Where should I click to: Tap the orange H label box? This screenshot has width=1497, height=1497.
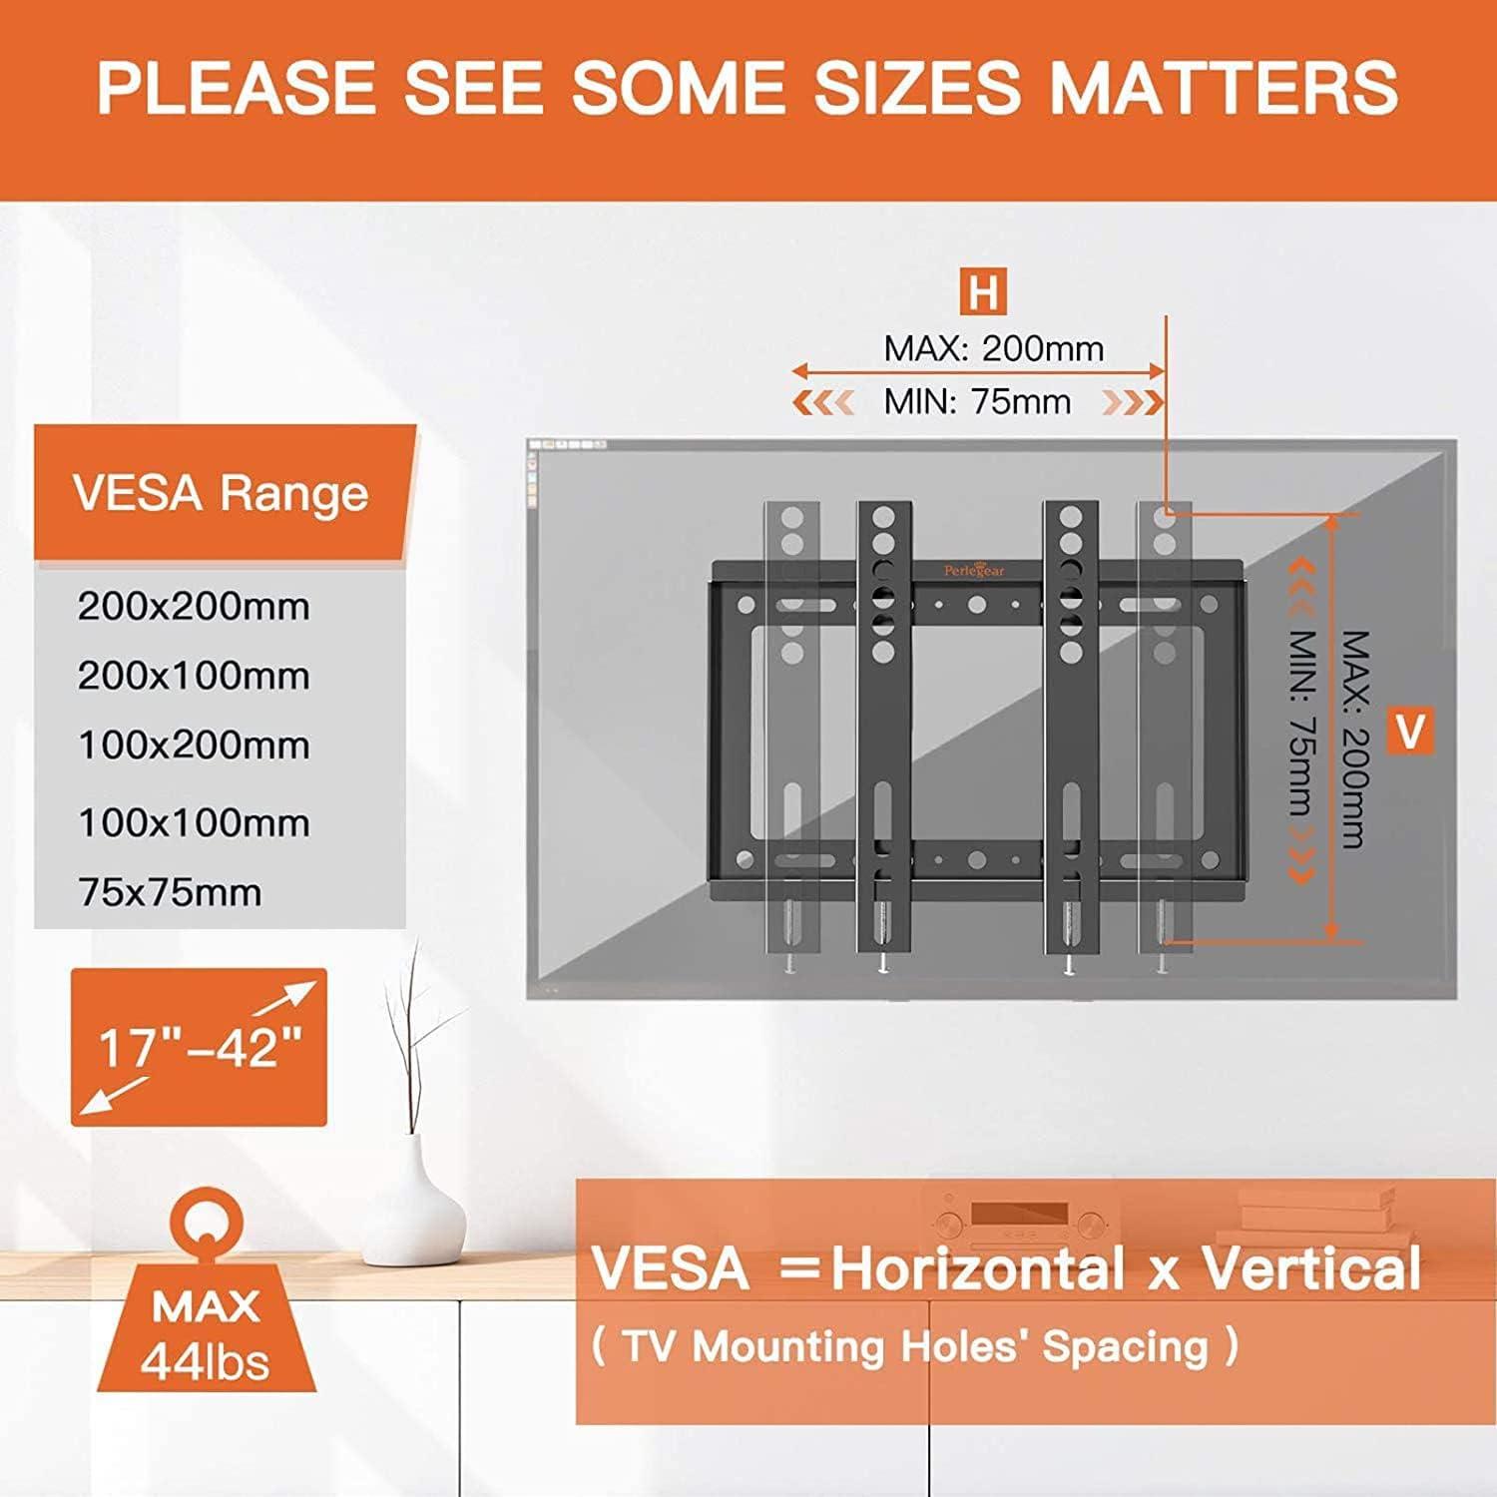click(983, 292)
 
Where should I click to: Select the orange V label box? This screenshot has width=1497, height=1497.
click(1410, 731)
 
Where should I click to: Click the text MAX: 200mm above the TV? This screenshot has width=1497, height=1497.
click(994, 348)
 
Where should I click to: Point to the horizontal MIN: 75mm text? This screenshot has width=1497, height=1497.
click(977, 401)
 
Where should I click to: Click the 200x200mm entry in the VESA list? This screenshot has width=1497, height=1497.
click(194, 606)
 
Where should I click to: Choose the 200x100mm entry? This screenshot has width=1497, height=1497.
click(194, 676)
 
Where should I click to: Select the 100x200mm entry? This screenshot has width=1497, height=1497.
click(194, 745)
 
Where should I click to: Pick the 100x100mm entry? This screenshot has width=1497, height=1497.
click(194, 822)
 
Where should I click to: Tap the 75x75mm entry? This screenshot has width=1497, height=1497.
click(170, 891)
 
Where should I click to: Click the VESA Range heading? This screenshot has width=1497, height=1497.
click(221, 493)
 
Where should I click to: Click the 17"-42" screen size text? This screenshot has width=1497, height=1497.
click(200, 1048)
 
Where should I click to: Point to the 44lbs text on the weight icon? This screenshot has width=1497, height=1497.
click(206, 1361)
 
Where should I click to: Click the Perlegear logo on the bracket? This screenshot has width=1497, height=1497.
click(975, 570)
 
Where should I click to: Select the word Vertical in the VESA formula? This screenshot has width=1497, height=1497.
click(1310, 1268)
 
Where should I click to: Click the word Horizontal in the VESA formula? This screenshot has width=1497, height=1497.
click(978, 1269)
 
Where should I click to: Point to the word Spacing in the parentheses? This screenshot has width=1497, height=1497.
click(1126, 1347)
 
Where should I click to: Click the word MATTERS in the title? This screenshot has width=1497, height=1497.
click(1225, 87)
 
